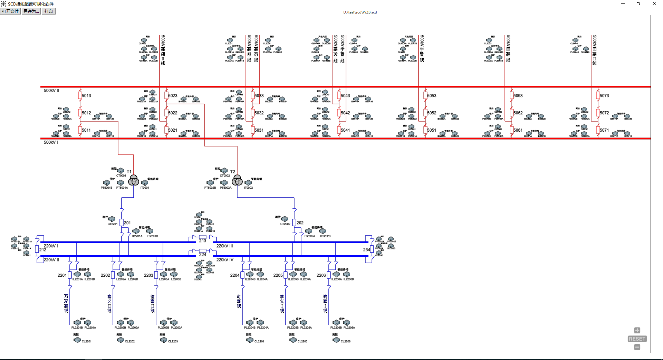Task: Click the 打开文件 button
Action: click(x=10, y=11)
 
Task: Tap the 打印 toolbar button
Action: click(x=49, y=11)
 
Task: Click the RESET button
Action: click(x=637, y=339)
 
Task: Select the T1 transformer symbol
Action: click(x=134, y=180)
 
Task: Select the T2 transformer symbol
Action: click(x=237, y=180)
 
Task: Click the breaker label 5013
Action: click(x=86, y=96)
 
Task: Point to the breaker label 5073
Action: click(x=604, y=96)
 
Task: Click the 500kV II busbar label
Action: click(x=51, y=91)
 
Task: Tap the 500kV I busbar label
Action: click(x=51, y=142)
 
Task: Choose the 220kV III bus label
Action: click(x=225, y=246)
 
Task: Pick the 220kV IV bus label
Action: click(x=225, y=260)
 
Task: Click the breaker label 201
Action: click(x=127, y=223)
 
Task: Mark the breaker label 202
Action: click(x=300, y=223)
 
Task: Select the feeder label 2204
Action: click(x=234, y=275)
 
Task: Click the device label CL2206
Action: click(x=345, y=341)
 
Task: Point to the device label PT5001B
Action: click(x=106, y=188)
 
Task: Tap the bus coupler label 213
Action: click(x=203, y=241)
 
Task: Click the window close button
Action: click(x=654, y=4)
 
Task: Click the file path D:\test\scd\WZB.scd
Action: click(x=360, y=12)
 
